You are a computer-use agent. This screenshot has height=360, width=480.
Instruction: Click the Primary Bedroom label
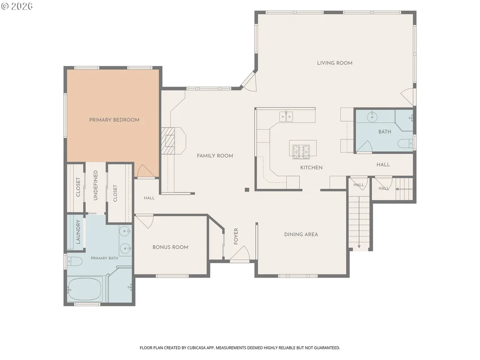tap(114, 120)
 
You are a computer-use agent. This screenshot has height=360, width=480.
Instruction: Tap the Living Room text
tap(334, 63)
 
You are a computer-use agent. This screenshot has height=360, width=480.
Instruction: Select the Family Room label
tap(215, 156)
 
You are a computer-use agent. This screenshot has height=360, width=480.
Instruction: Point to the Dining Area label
tap(301, 234)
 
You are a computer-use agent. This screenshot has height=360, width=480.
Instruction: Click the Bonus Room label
tap(171, 247)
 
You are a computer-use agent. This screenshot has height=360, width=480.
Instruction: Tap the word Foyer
tap(236, 237)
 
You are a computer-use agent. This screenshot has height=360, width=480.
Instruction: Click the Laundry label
tap(78, 232)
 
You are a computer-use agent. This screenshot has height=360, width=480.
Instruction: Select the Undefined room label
tap(95, 185)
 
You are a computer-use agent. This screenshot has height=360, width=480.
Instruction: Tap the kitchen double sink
tap(286, 117)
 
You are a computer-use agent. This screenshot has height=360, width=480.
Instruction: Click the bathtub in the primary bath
tap(84, 289)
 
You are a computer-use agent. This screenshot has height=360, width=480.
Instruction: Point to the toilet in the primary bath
tap(75, 262)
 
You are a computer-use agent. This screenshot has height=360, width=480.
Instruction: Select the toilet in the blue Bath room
tap(405, 143)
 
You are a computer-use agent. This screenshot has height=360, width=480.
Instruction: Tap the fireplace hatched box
tap(168, 140)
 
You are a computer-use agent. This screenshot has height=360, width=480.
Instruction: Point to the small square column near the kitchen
tap(247, 190)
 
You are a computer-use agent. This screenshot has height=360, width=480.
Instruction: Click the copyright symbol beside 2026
tap(5, 6)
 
